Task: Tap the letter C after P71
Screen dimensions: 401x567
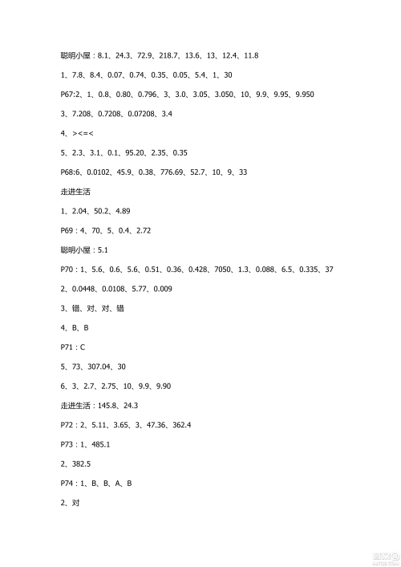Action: (x=83, y=346)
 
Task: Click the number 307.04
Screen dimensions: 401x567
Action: (x=102, y=366)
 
